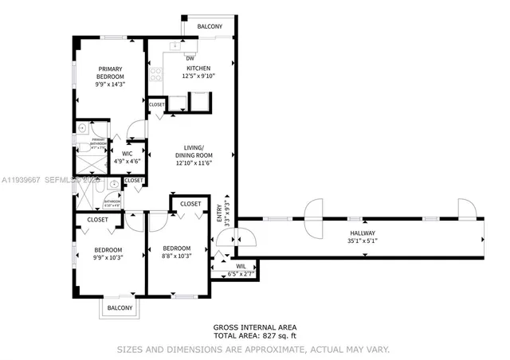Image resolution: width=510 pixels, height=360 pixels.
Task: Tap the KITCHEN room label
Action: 198,68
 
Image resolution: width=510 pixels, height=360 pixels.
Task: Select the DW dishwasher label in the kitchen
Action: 190,58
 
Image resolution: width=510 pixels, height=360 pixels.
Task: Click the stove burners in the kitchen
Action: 155,77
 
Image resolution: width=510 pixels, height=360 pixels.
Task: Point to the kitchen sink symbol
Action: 172,45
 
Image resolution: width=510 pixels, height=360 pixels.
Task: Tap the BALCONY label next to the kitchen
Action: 210,25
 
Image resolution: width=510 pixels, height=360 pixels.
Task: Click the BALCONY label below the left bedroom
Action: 120,307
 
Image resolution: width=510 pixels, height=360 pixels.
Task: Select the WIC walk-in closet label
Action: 127,153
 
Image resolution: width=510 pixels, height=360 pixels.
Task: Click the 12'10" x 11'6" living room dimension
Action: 195,163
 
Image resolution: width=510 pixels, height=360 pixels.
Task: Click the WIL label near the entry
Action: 241,267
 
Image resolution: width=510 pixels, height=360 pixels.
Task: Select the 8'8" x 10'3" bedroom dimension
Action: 175,256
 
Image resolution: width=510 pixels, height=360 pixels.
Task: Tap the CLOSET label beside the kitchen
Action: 156,104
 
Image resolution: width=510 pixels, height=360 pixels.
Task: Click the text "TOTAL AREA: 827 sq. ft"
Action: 254,335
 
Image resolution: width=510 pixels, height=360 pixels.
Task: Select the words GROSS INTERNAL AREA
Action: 254,327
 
